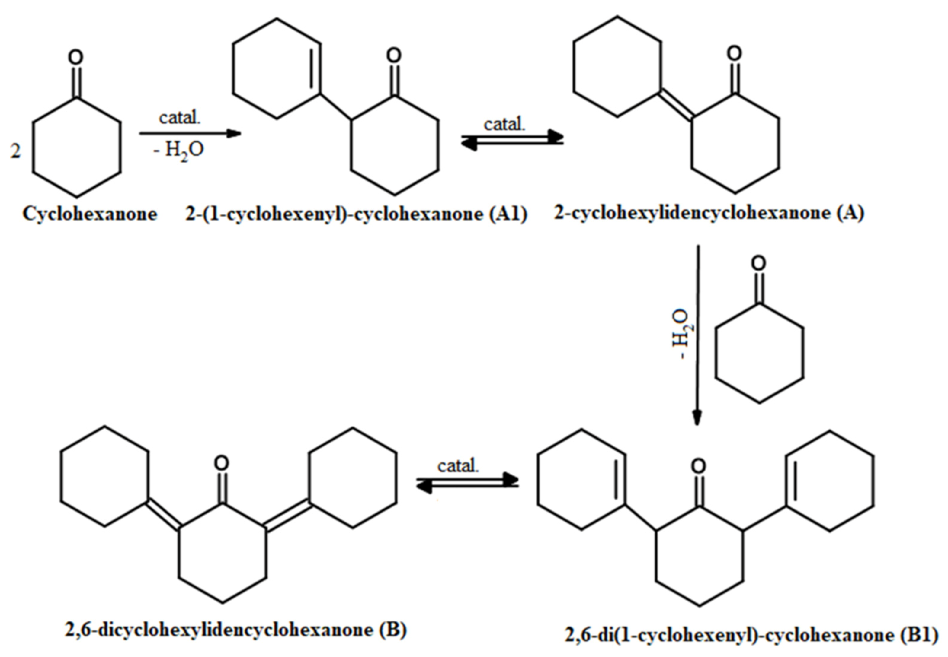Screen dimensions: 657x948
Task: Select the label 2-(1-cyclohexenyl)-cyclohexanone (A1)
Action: pos(356,214)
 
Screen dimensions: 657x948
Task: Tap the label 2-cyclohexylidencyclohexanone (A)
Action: pos(709,213)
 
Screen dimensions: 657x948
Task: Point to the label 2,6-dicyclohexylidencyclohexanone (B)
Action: pos(236,630)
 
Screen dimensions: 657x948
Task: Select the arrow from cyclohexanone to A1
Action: pos(190,133)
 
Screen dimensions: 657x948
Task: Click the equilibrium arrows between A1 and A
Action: pos(512,140)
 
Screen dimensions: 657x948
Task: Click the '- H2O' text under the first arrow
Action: pos(178,151)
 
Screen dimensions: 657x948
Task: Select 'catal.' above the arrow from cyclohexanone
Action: pos(180,118)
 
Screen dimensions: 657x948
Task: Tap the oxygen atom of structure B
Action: pos(222,464)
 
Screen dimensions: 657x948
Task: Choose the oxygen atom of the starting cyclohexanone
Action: pos(75,57)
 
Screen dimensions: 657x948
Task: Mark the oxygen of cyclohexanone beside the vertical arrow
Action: pos(758,263)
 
